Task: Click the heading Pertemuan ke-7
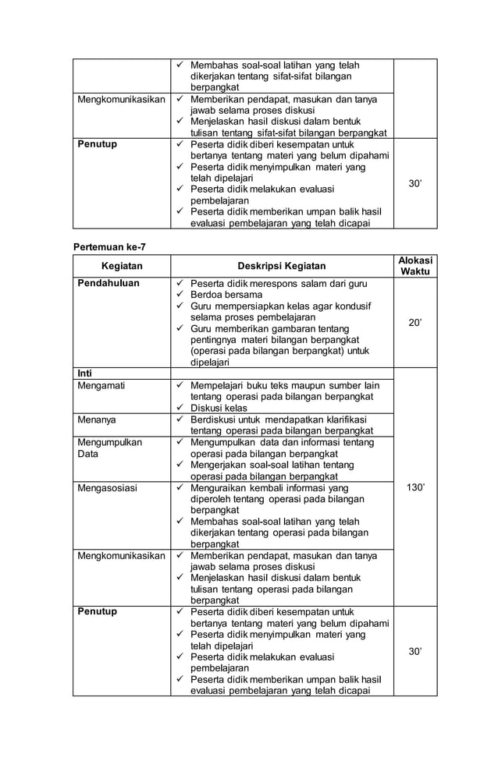pyautogui.click(x=109, y=247)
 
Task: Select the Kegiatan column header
pyautogui.click(x=122, y=266)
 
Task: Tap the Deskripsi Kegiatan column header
pyautogui.click(x=282, y=266)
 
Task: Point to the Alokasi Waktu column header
pyautogui.click(x=415, y=266)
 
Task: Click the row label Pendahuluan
pyautogui.click(x=108, y=283)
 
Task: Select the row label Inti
pyautogui.click(x=84, y=373)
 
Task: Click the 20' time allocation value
pyautogui.click(x=415, y=323)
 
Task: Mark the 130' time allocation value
pyautogui.click(x=415, y=488)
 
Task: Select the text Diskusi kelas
pyautogui.click(x=219, y=408)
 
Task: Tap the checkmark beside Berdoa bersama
pyautogui.click(x=180, y=295)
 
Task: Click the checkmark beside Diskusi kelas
pyautogui.click(x=180, y=408)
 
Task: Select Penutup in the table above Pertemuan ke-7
pyautogui.click(x=97, y=144)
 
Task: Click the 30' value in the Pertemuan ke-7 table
pyautogui.click(x=415, y=651)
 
